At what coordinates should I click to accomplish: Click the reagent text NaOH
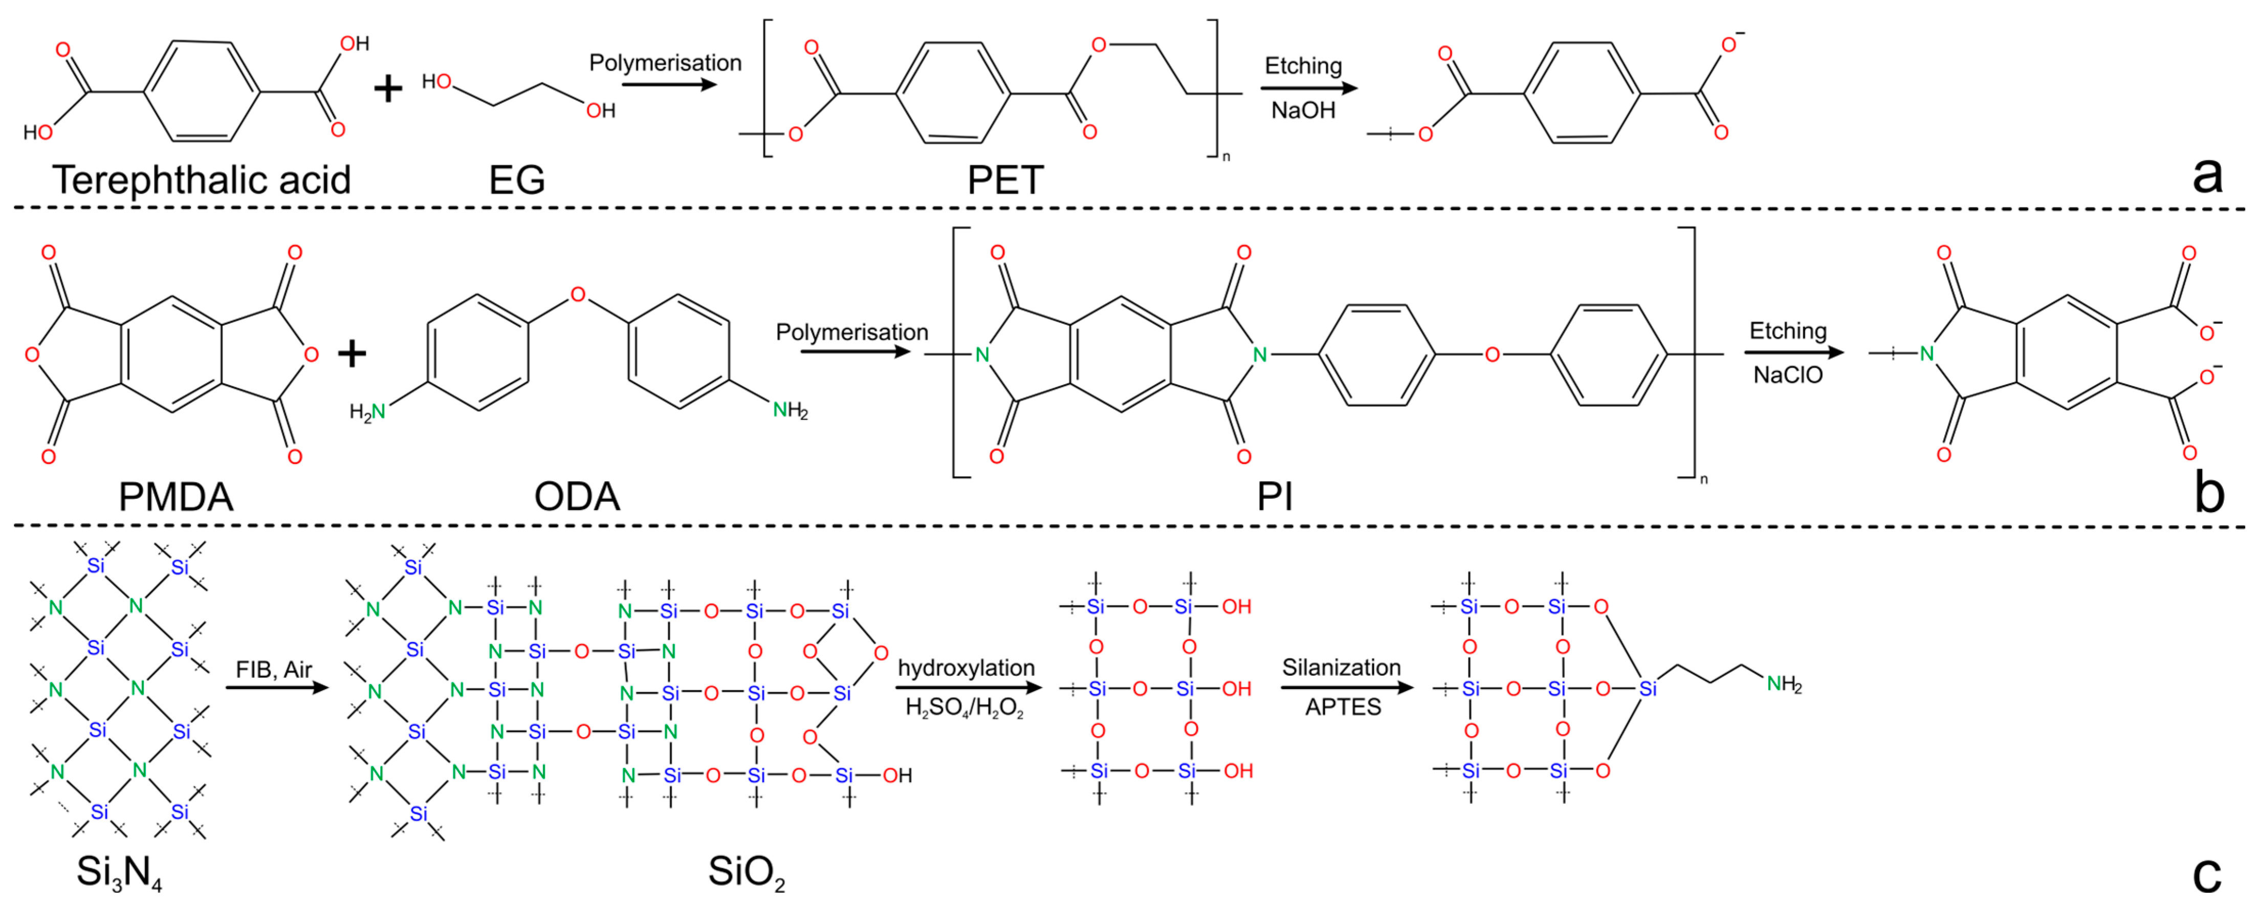point(1303,110)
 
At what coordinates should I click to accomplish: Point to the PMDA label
point(175,497)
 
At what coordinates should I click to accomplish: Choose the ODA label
point(577,497)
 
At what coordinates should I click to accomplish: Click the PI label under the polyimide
point(1274,497)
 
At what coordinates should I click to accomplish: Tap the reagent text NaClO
point(1787,375)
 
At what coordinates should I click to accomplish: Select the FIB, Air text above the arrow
point(273,670)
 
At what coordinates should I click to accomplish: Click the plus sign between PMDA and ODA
point(352,354)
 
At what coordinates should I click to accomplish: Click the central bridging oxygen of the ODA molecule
point(577,294)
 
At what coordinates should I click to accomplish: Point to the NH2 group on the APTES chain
point(1784,684)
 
